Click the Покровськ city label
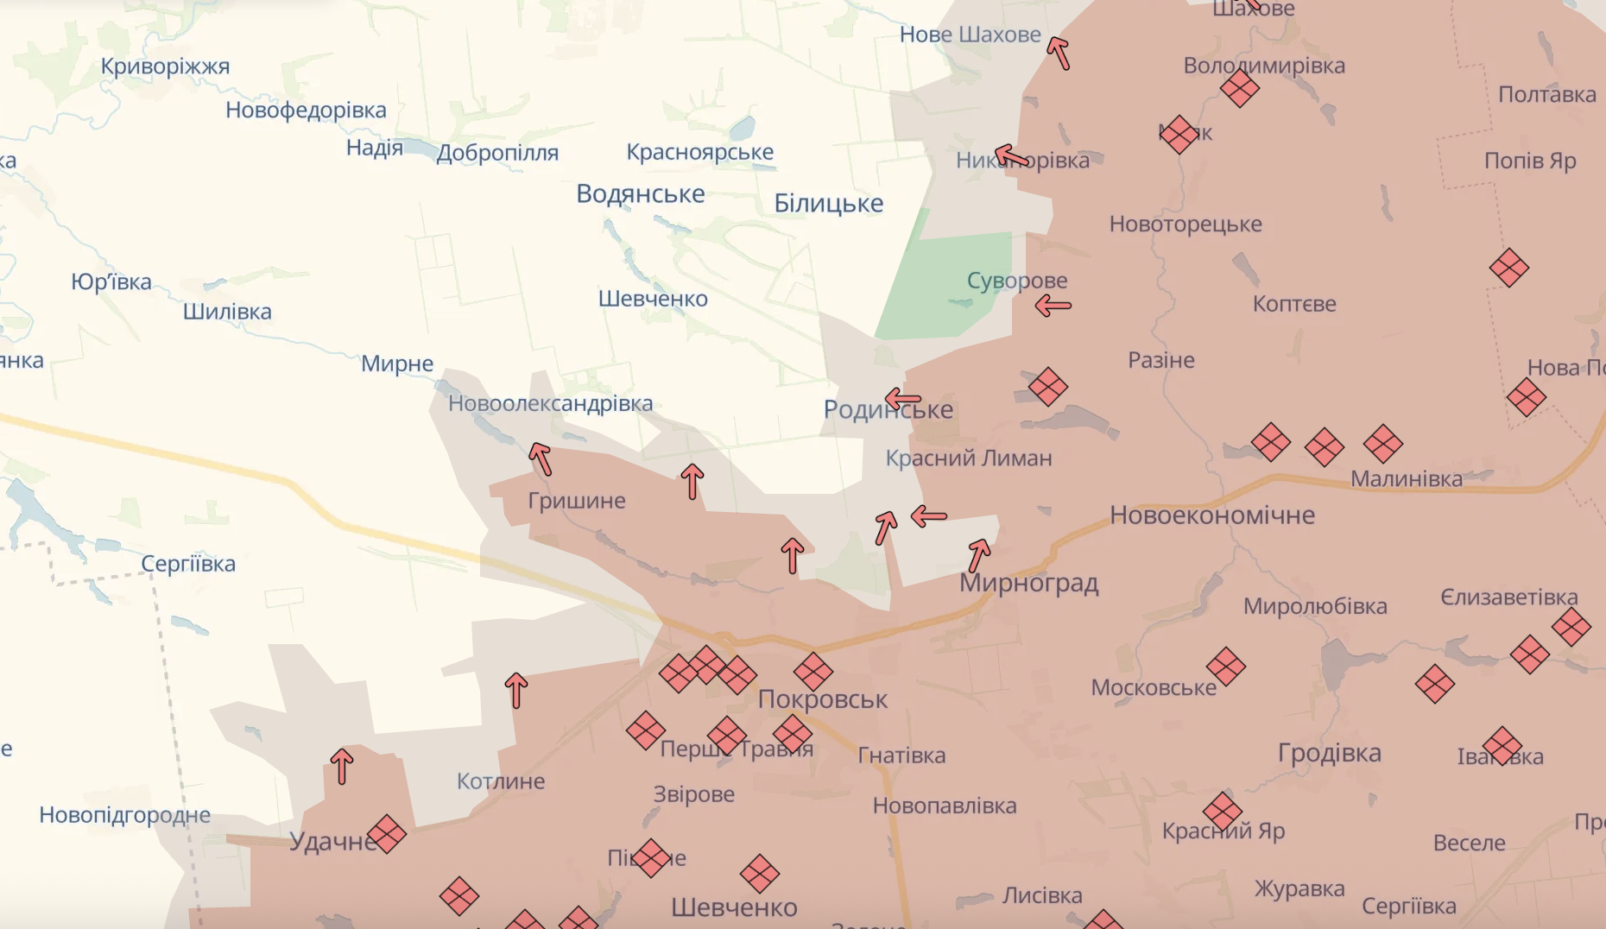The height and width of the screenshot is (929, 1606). coord(822,699)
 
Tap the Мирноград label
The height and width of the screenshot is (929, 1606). coord(1028,584)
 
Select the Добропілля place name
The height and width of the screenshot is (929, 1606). coord(497,154)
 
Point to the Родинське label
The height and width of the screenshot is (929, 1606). coord(888,410)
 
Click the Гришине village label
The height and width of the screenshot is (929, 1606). coord(576,501)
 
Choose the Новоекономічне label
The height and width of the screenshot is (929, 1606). coord(1211,515)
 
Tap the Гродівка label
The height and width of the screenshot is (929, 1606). coord(1329,753)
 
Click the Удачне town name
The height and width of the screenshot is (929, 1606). coord(332,842)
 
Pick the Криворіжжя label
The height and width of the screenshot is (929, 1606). coord(165,66)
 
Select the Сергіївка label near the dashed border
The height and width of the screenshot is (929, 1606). coord(188,564)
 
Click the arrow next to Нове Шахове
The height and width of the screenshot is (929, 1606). coord(1059,53)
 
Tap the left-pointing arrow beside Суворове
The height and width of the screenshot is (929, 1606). coord(1053,305)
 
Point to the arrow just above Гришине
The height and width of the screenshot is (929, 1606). coord(541,458)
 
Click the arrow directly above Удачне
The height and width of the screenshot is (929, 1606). coord(342,766)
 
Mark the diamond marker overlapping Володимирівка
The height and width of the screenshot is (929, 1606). coord(1240,87)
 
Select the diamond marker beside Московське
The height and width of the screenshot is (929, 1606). coord(1226,667)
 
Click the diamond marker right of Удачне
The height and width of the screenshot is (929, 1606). coord(386,834)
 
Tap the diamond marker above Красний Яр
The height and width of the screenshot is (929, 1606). coord(1223,811)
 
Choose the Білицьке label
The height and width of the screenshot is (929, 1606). coord(828,204)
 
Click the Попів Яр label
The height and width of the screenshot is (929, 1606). coord(1529,161)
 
